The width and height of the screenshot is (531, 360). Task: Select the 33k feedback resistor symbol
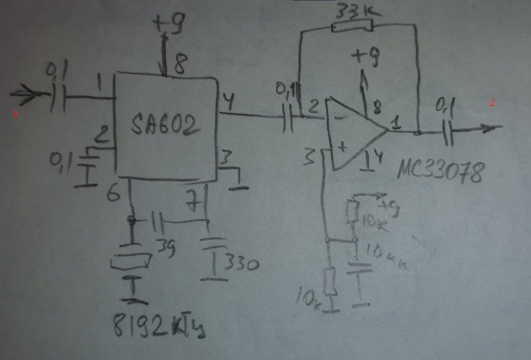352,26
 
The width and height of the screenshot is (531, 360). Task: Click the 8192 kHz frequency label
159,324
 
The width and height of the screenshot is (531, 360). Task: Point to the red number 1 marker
17,114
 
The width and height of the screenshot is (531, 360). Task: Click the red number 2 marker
492,104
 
